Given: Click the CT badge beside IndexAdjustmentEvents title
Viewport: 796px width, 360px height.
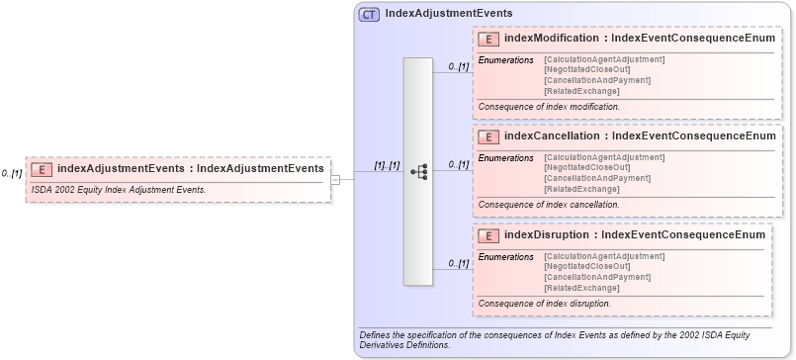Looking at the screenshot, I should [369, 14].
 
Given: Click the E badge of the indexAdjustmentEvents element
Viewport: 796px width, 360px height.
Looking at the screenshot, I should [43, 168].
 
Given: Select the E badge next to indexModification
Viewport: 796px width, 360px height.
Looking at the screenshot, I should [487, 39].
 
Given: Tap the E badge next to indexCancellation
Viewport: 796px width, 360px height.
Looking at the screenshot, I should [487, 136].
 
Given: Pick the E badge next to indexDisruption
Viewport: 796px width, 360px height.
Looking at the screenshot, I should [487, 235].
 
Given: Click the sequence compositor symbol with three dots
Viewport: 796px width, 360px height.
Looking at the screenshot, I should [418, 171].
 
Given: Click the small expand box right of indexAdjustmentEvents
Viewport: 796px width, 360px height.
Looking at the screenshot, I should [336, 180].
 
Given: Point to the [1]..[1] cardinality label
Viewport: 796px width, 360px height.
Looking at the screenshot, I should [387, 165].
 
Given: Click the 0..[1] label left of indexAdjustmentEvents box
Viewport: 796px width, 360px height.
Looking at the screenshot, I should [12, 173].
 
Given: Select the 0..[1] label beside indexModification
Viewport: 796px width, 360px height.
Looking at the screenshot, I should [458, 66].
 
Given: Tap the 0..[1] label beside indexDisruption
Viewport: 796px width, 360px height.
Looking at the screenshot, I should [458, 263].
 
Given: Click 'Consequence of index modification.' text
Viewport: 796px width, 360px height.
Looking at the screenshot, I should [549, 106].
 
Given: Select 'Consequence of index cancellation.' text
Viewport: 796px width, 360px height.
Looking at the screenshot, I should [549, 205].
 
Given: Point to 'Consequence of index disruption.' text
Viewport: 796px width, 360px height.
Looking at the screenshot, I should [544, 303].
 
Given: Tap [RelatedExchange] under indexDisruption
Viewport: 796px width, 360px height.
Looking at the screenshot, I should [581, 288].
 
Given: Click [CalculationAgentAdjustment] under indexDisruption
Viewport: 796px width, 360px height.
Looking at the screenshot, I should [604, 256].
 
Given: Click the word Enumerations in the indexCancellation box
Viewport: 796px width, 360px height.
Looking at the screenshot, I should [505, 157].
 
